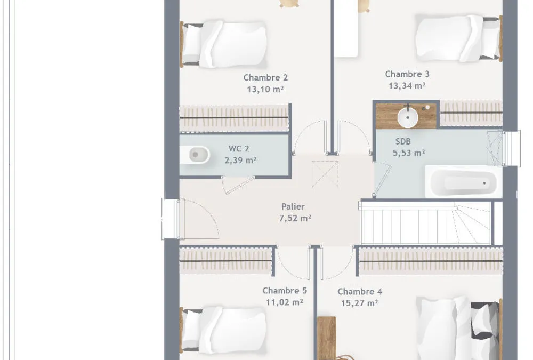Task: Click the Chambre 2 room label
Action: click(x=265, y=77)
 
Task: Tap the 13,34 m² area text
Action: click(x=407, y=86)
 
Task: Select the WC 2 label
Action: click(x=239, y=149)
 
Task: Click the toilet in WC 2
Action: click(x=195, y=155)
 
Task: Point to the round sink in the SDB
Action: click(x=408, y=117)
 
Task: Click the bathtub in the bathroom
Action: click(x=463, y=182)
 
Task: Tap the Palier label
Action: click(x=293, y=206)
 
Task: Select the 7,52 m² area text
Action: click(x=295, y=218)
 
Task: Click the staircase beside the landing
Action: click(x=425, y=222)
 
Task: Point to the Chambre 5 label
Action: click(x=285, y=291)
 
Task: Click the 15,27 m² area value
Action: click(x=359, y=303)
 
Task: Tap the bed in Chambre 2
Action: click(x=224, y=44)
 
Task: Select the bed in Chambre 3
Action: click(x=459, y=38)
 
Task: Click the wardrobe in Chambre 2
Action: click(x=234, y=118)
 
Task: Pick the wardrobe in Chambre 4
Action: click(x=431, y=261)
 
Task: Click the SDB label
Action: click(x=403, y=141)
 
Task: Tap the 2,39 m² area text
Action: click(x=240, y=160)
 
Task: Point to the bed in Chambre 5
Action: click(x=224, y=330)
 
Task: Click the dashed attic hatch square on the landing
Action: click(x=325, y=174)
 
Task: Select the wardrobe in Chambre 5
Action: click(x=226, y=261)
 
